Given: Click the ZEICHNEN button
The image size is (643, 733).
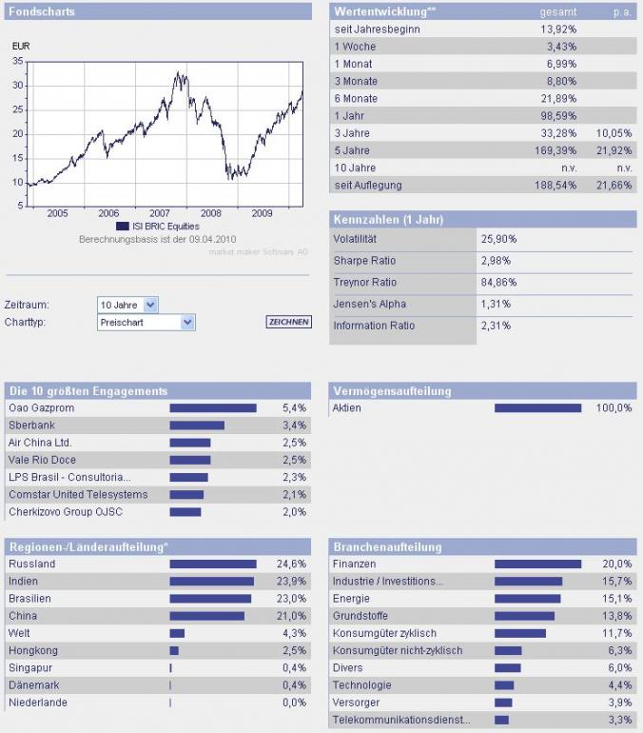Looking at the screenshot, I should click(288, 322).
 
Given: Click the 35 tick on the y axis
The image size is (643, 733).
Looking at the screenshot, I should click(17, 61).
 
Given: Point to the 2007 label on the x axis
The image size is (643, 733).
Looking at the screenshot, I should click(159, 213).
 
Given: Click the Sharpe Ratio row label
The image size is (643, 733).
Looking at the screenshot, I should click(364, 261).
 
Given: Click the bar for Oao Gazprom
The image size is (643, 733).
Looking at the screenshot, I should click(212, 408).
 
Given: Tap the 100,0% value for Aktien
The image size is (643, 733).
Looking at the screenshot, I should click(614, 408).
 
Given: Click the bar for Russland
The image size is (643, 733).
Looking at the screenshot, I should click(213, 565).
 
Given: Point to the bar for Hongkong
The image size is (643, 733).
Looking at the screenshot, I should click(174, 650).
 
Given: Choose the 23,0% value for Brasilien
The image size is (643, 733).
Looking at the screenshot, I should click(291, 599).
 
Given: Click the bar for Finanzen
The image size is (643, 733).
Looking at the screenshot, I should click(537, 565).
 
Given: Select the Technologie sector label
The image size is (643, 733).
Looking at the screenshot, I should click(362, 684).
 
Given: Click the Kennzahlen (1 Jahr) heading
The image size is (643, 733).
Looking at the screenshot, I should click(388, 220).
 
